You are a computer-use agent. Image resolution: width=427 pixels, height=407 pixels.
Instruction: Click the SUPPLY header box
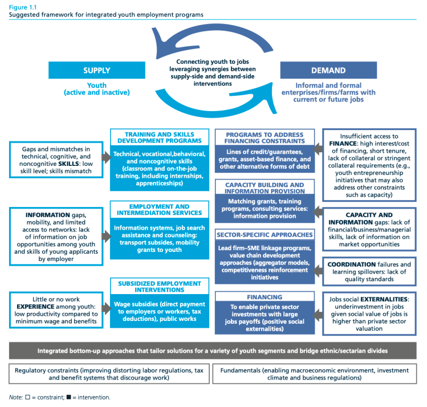tap(97, 71)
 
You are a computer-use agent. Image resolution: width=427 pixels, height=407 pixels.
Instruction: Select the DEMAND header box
tap(328, 71)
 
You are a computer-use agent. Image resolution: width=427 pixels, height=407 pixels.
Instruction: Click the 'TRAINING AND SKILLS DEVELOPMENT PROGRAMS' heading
tap(156, 137)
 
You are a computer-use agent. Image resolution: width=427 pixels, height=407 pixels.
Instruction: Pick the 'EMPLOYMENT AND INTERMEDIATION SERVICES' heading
tap(156, 209)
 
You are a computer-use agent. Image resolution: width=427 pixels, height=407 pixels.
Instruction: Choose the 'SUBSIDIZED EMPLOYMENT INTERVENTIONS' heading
tap(156, 286)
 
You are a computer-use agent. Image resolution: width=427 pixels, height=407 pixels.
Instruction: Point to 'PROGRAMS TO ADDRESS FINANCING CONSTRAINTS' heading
tap(265, 137)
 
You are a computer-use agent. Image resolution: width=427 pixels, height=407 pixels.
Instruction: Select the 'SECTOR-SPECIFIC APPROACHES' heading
tap(265, 234)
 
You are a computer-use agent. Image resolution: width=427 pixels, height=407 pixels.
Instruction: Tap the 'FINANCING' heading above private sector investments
tap(265, 297)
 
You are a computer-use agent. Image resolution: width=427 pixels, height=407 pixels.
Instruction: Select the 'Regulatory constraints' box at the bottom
tap(108, 373)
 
